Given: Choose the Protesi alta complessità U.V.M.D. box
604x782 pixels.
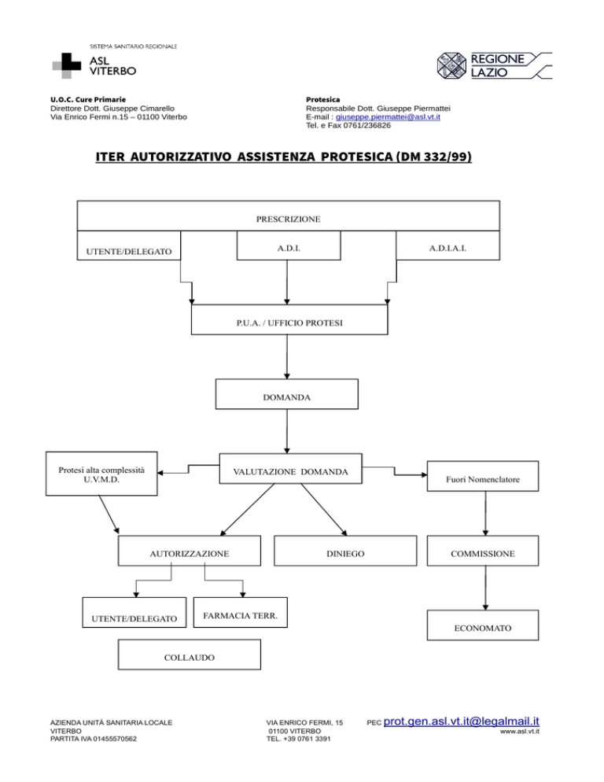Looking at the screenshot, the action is (101, 474).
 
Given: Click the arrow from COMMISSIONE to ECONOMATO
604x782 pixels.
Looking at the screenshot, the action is (485, 588).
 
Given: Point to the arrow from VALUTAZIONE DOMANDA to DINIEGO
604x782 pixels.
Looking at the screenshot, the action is (324, 510).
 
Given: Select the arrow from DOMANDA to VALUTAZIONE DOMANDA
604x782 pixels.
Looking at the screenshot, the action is (287, 431).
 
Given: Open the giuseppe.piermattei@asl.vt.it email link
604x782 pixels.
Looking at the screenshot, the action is (388, 116).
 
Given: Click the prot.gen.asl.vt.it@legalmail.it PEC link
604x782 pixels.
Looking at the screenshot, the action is (462, 721).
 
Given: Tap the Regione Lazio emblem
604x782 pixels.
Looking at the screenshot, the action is (451, 66).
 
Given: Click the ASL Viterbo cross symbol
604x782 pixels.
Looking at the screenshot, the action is (66, 65).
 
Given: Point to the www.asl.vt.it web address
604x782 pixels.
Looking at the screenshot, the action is (520, 731).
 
